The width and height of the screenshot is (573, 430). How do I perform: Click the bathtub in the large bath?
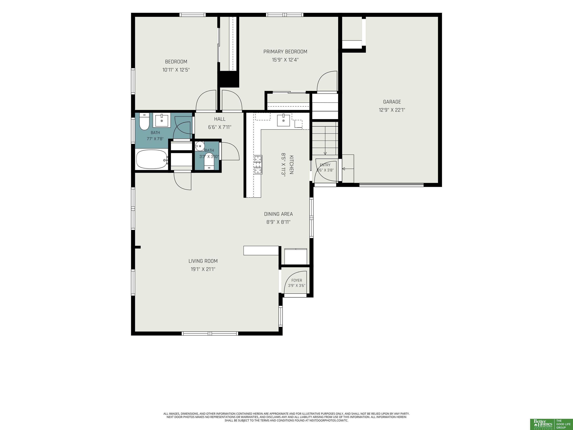152,159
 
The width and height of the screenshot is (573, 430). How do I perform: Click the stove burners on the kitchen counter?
258,164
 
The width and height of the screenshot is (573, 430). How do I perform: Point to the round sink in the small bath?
200,146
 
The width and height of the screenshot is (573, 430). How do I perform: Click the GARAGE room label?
392,102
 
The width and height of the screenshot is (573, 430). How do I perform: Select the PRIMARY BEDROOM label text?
285,52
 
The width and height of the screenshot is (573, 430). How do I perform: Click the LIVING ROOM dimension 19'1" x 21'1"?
203,269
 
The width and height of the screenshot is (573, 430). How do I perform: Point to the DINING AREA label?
278,214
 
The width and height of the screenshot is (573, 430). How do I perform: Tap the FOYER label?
297,280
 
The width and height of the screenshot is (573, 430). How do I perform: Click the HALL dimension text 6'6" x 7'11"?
220,127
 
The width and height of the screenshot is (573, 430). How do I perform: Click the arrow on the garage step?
348,169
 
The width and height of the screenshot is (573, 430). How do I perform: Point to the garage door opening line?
391,185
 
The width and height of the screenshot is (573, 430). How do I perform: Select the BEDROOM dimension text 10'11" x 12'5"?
176,70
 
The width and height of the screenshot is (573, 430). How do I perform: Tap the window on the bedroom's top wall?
193,15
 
